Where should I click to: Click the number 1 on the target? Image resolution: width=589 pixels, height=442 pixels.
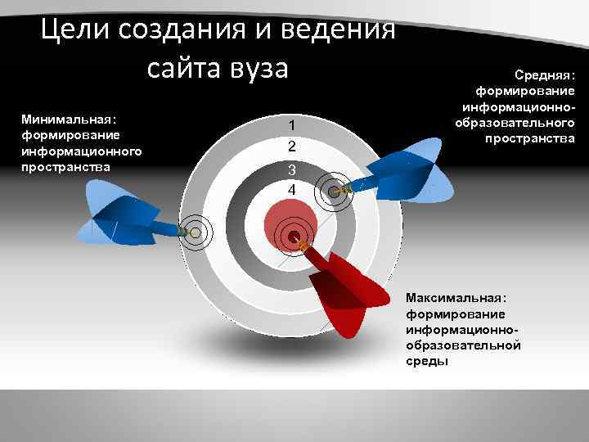click(x=290, y=125)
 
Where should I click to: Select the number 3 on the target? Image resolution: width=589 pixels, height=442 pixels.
click(x=290, y=169)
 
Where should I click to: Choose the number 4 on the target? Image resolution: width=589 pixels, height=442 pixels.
click(x=290, y=190)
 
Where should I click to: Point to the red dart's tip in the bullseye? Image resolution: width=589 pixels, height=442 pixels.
click(x=294, y=237)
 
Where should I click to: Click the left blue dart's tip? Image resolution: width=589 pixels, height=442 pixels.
click(x=195, y=232)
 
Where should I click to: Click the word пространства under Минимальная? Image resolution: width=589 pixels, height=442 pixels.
click(x=66, y=165)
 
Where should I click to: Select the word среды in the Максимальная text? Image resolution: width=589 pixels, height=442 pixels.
click(x=426, y=361)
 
